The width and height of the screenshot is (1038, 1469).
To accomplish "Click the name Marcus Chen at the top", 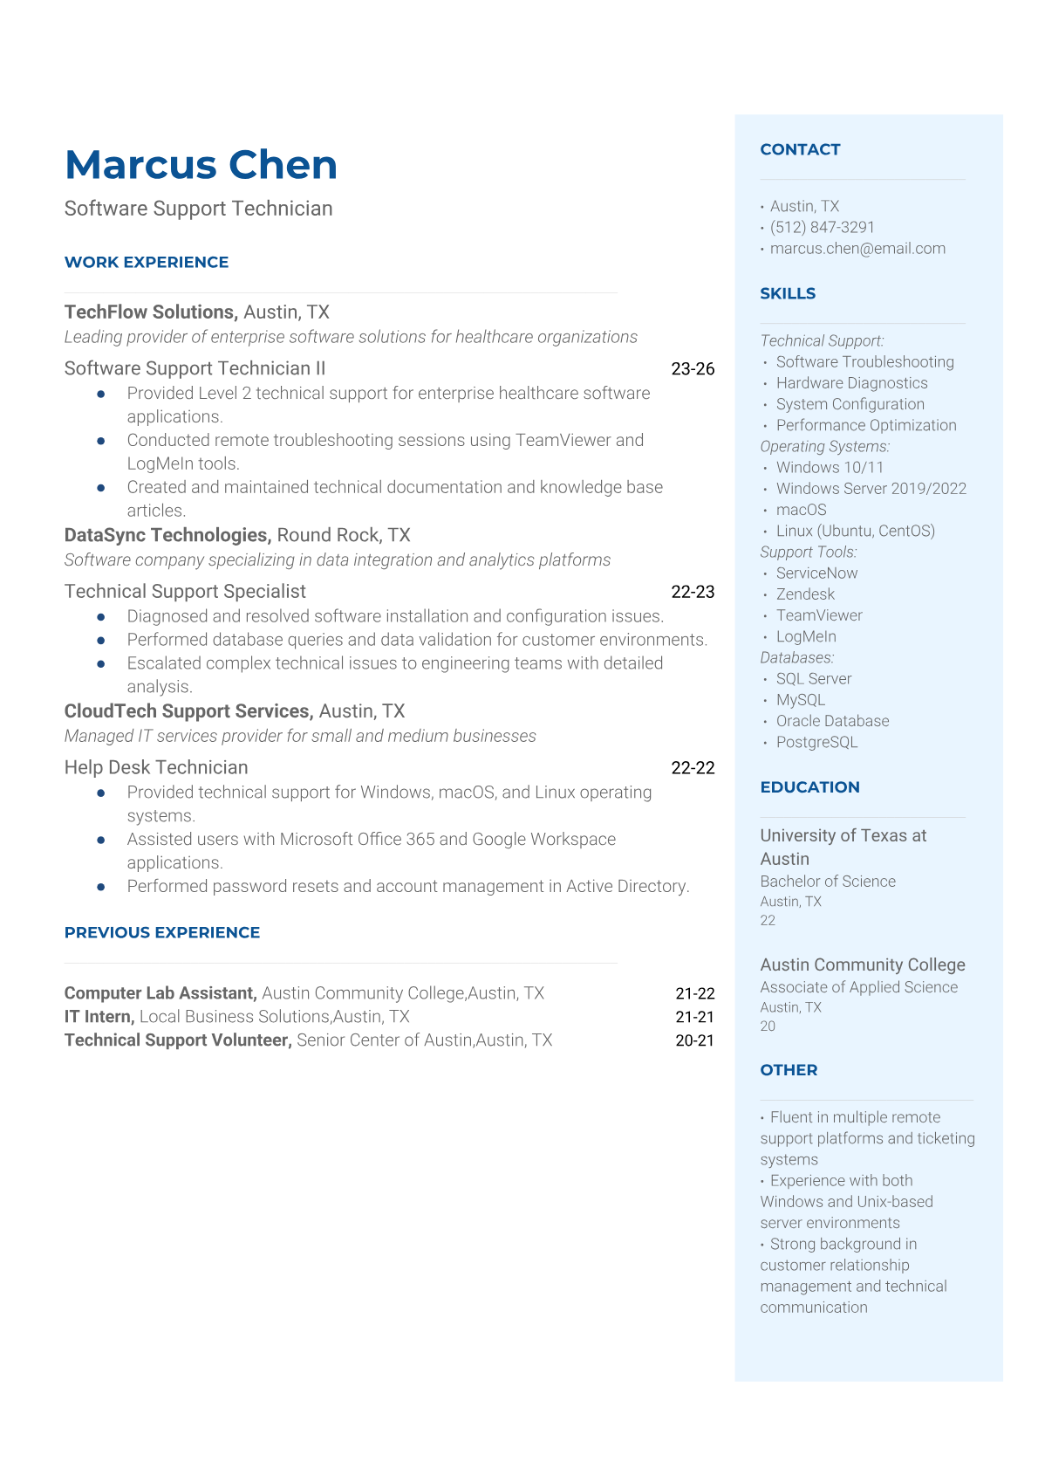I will (201, 165).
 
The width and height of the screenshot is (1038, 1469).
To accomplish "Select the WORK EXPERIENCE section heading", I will (147, 262).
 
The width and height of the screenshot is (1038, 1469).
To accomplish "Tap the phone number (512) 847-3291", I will (822, 227).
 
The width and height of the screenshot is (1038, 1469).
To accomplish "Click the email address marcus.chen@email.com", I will (857, 248).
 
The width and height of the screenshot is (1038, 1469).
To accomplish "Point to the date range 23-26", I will (693, 368).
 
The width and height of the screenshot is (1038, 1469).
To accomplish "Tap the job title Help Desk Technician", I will (156, 767).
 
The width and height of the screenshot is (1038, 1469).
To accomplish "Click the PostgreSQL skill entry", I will (816, 742).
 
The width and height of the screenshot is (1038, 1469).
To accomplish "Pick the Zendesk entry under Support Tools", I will (805, 594).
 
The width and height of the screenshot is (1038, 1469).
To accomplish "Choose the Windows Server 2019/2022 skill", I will (871, 488).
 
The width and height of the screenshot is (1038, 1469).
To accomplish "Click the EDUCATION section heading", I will (809, 786).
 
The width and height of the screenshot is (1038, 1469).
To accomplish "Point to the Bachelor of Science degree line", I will (828, 881).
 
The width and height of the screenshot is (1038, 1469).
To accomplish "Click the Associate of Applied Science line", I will (858, 986).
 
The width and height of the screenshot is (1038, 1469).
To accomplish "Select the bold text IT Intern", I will (99, 1016).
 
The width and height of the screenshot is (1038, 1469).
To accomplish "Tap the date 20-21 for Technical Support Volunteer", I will (694, 1040).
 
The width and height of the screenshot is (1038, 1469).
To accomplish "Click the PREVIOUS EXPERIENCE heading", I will (162, 932).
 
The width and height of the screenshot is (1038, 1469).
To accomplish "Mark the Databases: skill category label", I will (796, 657).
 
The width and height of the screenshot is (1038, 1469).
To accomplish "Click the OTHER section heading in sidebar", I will (789, 1069).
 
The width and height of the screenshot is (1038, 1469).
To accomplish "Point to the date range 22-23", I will (693, 591).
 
